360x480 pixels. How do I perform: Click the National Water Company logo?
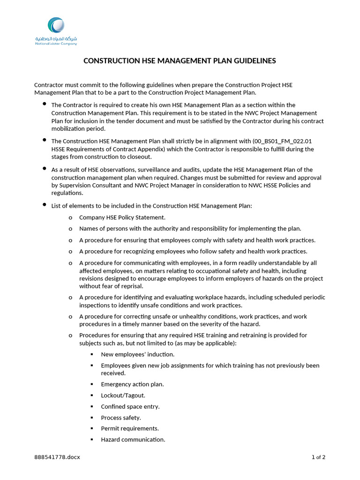point(56,31)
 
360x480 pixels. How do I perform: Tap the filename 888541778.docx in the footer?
point(57,457)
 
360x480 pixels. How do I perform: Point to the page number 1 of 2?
point(318,457)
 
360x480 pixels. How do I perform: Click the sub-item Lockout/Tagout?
point(120,395)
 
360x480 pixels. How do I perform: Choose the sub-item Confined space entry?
point(130,406)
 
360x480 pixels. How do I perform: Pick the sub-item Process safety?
point(120,418)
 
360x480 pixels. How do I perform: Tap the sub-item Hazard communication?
point(133,440)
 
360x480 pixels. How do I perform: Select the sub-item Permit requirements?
point(129,428)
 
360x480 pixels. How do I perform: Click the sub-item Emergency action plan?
point(132,384)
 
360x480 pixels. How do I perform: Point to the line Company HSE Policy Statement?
point(122,217)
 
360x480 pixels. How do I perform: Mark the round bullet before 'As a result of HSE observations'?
point(44,168)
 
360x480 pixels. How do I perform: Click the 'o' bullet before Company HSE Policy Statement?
point(70,217)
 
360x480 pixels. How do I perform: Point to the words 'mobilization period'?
point(78,129)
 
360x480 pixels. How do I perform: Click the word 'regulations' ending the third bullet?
point(67,193)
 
